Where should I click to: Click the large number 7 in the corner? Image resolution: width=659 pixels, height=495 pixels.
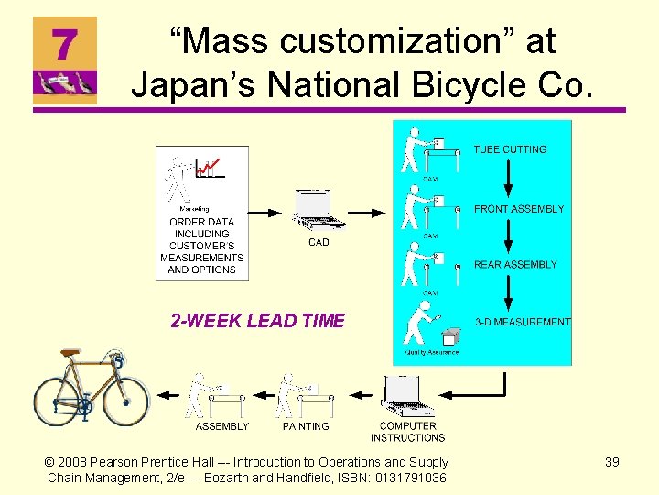[62, 44]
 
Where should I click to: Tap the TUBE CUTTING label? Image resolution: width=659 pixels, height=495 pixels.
[510, 149]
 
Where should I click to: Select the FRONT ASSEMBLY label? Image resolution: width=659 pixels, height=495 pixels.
[519, 209]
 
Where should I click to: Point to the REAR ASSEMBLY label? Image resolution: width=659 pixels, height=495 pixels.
[515, 265]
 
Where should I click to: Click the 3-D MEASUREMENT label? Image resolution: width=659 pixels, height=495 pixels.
[523, 322]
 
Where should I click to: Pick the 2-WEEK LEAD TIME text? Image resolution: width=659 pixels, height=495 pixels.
[257, 320]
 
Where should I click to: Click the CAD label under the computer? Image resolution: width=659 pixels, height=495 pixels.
[319, 243]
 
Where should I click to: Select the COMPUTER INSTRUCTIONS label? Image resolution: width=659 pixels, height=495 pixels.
[407, 432]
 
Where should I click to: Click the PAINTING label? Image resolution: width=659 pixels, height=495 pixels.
[306, 426]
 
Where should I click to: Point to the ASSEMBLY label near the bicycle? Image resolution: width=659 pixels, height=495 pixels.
[222, 426]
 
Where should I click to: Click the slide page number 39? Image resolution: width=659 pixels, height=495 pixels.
[612, 462]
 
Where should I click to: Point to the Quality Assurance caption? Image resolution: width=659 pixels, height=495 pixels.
[431, 352]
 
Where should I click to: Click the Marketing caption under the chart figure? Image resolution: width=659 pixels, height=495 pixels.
[193, 209]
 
